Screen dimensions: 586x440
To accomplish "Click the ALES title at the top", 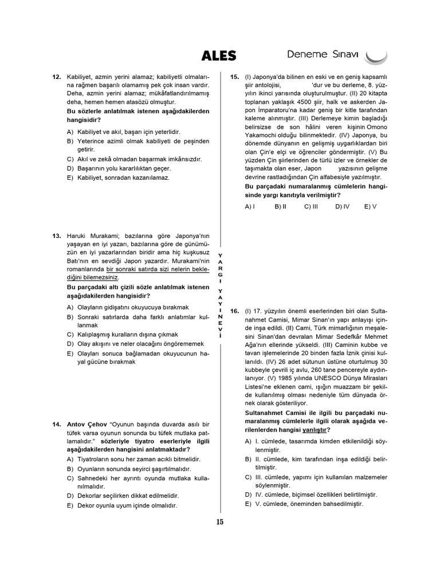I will click(x=218, y=56).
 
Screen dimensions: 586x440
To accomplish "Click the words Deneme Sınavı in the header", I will click(x=323, y=55).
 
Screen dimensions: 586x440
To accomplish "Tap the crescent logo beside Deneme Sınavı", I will click(x=376, y=56).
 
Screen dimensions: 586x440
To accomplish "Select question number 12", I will click(x=56, y=77).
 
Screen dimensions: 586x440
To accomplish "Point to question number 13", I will click(x=56, y=236).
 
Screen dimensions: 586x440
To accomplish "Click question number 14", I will click(x=56, y=424).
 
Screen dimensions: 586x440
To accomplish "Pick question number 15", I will click(x=234, y=77).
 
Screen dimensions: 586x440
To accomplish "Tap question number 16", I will click(x=234, y=311).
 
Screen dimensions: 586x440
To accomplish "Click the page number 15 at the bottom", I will click(x=220, y=521).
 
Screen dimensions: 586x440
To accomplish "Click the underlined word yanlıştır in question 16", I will click(x=316, y=429).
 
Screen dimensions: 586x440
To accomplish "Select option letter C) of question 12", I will click(x=70, y=159).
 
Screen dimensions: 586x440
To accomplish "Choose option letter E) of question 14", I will click(x=70, y=505).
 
